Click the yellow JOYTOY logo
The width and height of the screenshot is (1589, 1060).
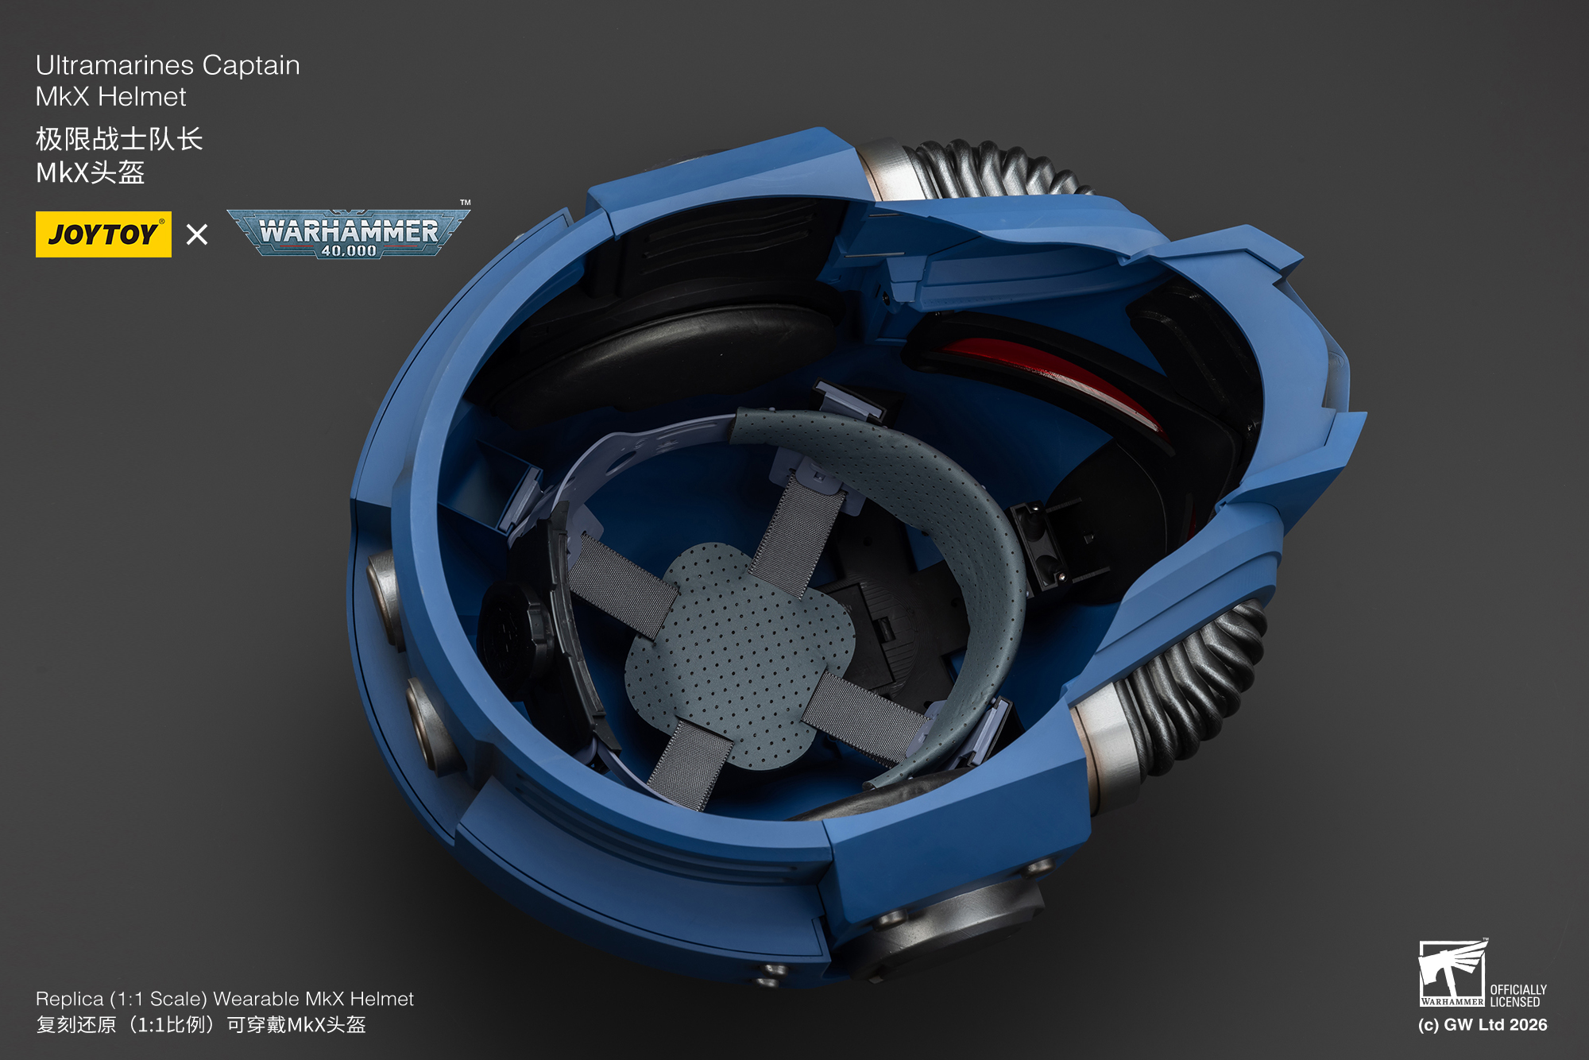(x=103, y=234)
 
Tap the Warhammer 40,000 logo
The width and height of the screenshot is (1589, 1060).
(x=348, y=233)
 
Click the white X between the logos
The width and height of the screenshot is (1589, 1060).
(x=197, y=234)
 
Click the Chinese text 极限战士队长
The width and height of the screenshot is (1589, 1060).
(x=119, y=139)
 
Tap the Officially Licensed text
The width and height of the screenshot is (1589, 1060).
(x=1517, y=996)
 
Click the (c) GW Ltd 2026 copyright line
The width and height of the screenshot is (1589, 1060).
(x=1483, y=1025)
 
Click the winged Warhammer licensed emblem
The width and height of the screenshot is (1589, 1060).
(x=1452, y=973)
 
